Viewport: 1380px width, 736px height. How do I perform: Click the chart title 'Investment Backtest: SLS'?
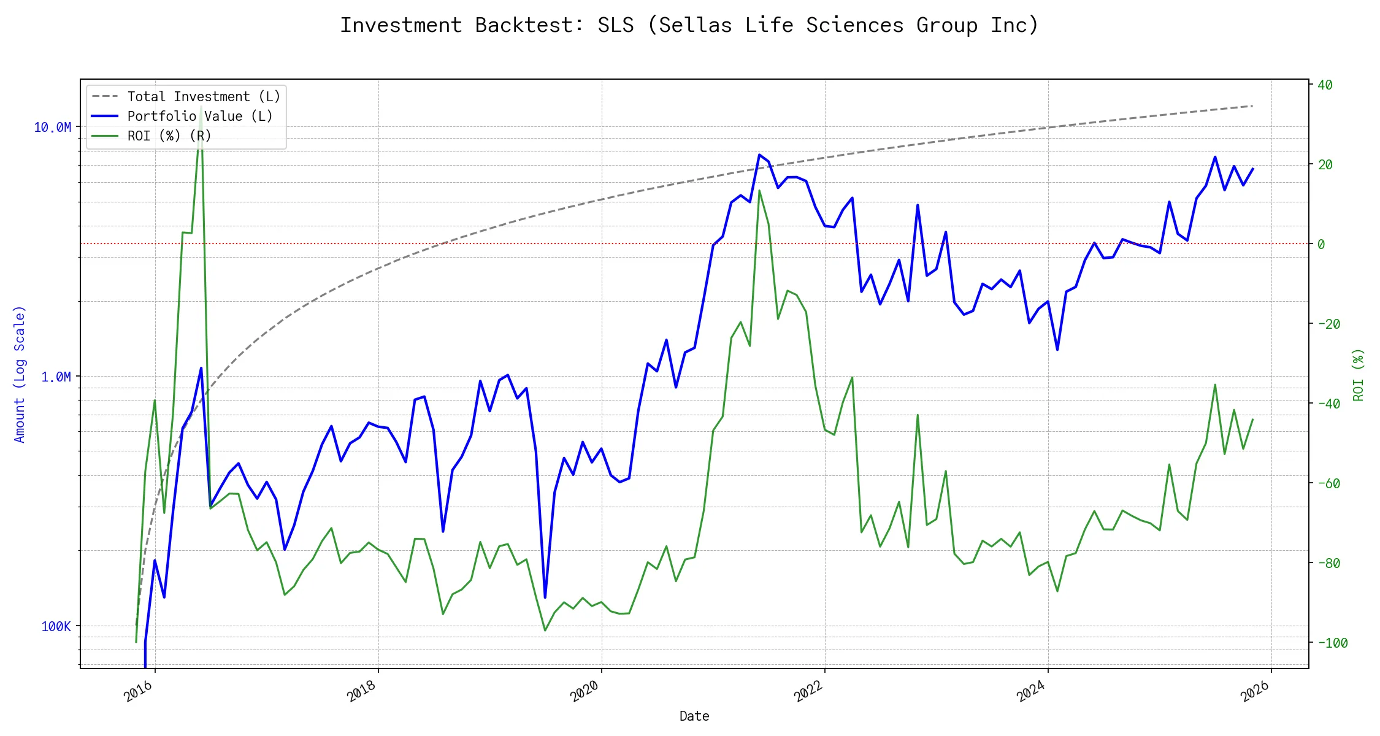click(689, 25)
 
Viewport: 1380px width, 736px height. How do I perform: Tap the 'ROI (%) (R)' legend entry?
click(169, 136)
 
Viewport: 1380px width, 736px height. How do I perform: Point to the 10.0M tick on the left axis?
click(53, 128)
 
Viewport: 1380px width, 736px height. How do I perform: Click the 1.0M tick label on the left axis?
click(56, 377)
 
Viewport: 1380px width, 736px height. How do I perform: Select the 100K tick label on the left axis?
click(56, 627)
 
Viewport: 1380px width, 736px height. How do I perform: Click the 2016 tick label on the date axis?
click(139, 692)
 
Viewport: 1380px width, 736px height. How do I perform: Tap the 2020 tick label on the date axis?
click(585, 692)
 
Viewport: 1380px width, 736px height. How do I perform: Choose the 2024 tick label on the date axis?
click(1031, 692)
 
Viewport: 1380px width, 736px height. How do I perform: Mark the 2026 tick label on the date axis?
click(1255, 692)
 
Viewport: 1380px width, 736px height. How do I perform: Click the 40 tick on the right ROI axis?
click(1325, 85)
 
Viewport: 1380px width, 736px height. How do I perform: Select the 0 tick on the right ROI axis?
click(1321, 244)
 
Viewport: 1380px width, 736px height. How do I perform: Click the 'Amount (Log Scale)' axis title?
click(20, 374)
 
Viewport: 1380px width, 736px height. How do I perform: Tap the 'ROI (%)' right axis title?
click(1359, 375)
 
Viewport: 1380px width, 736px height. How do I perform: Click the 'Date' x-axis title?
click(694, 716)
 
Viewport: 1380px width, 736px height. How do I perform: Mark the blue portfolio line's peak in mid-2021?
click(759, 155)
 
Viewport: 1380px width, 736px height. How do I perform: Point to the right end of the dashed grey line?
click(1252, 106)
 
